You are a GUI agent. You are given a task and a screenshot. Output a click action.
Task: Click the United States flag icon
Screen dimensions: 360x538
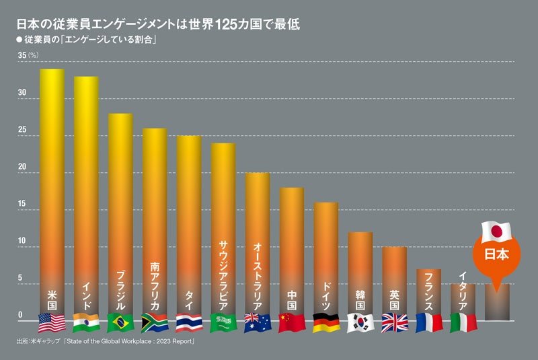52,323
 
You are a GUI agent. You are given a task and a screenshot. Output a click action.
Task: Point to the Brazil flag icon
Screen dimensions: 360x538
120,323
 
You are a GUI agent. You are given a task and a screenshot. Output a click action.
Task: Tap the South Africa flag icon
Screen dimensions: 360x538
155,323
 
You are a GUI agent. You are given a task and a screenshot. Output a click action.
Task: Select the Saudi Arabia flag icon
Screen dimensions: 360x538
223,323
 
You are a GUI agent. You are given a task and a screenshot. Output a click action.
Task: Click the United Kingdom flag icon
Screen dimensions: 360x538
394,323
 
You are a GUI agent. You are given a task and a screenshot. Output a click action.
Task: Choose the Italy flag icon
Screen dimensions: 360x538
463,323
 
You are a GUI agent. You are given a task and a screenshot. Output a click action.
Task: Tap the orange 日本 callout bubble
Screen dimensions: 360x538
497,256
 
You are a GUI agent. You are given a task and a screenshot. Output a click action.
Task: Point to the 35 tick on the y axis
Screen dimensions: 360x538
22,55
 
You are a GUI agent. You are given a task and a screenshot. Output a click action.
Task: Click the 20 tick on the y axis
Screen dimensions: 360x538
22,167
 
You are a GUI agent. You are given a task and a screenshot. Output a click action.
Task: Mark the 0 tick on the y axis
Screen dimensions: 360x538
20,315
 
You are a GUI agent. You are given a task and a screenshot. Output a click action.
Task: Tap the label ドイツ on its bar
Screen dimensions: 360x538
325,293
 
